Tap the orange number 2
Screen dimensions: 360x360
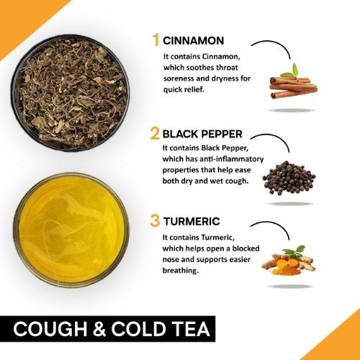154,133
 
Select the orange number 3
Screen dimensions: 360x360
154,221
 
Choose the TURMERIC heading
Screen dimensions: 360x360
193,222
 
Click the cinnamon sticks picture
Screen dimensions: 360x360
292,88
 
